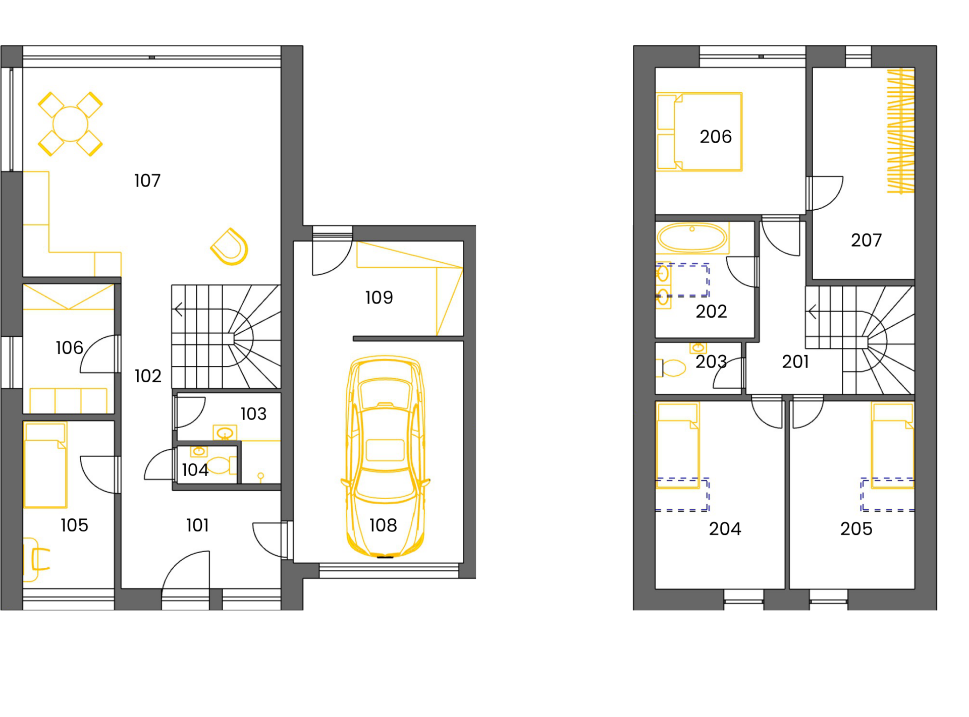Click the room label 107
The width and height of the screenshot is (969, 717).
[147, 181]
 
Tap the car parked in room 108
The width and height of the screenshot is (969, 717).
[385, 456]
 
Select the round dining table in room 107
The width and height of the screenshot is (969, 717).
[70, 124]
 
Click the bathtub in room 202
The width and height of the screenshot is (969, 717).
[692, 237]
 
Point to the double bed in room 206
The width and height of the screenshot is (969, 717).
[699, 132]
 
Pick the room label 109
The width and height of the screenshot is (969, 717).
[379, 297]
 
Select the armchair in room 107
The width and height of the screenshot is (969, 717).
[230, 247]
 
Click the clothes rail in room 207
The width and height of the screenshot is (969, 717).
[901, 131]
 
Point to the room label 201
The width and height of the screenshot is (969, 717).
[795, 362]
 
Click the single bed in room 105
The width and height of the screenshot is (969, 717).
[45, 465]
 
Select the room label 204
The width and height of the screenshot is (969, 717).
[725, 528]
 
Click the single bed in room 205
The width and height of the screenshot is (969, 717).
[893, 445]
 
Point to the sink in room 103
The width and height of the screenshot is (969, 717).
[225, 433]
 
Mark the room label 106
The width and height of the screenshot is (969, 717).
[69, 347]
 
